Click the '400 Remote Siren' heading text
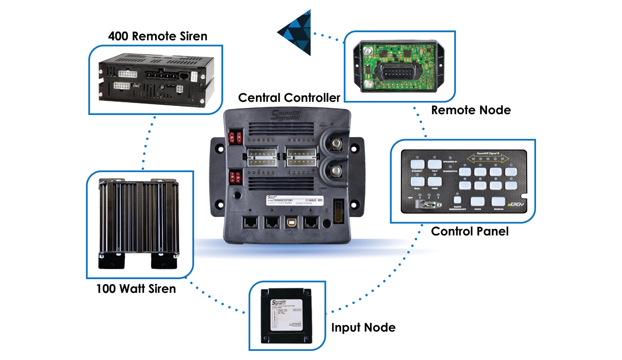pyautogui.click(x=157, y=36)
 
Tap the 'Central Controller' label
pyautogui.click(x=289, y=98)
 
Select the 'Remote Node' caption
pyautogui.click(x=471, y=110)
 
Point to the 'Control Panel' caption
pyautogui.click(x=469, y=231)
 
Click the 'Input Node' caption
pyautogui.click(x=363, y=327)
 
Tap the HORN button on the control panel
pyautogui.click(x=477, y=201)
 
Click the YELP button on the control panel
pyautogui.click(x=435, y=165)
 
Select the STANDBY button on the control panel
pyautogui.click(x=417, y=165)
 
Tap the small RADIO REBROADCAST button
pyautogui.click(x=458, y=199)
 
